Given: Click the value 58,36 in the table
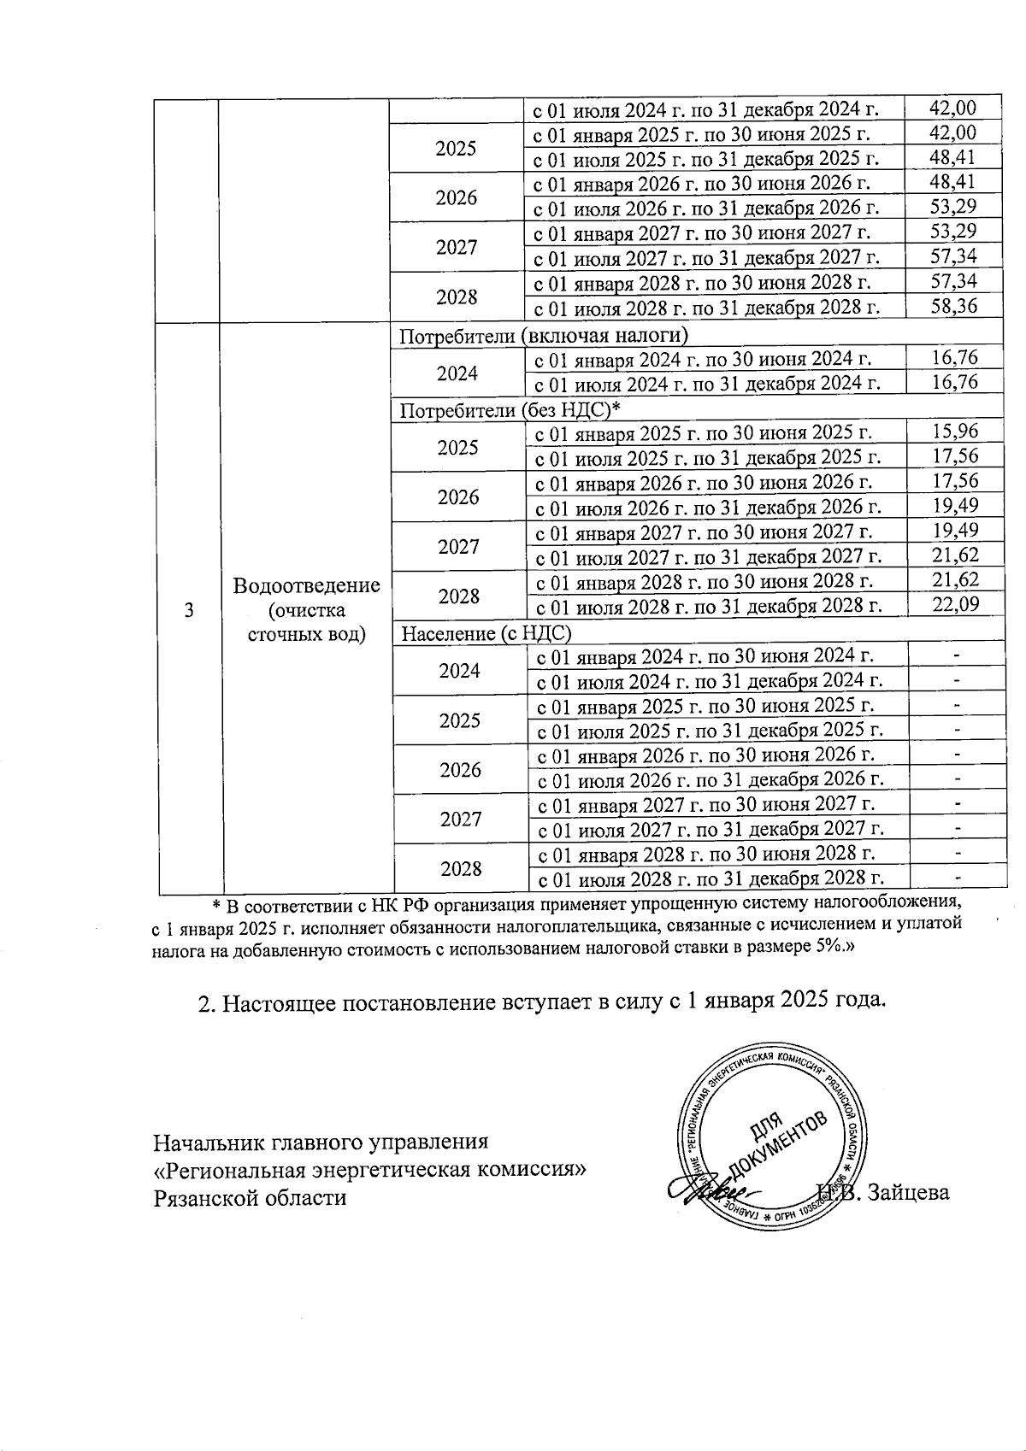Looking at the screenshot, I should coord(953,305).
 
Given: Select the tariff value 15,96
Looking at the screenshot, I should coord(955,430).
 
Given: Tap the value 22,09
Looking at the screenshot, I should coord(955,604).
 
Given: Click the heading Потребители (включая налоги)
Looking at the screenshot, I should coord(545,334).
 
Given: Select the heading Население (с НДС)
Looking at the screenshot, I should coord(486,633).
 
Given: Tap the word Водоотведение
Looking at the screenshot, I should coord(306,586).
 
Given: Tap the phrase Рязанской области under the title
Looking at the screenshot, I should coord(250,1197).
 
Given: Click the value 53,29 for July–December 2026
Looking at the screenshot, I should coord(953,206).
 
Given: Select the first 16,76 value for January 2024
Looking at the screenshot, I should coord(955,357).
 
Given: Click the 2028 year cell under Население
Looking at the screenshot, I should coord(461,868).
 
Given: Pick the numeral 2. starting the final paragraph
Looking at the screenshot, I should coord(207,1002).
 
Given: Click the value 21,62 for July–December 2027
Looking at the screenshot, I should coord(955,555).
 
